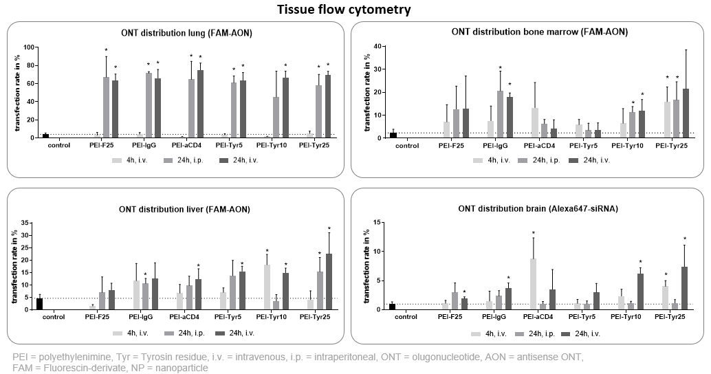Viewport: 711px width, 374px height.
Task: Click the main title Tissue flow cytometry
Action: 354,9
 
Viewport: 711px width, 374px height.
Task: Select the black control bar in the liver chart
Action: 40,303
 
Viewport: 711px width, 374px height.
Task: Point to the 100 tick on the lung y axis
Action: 29,47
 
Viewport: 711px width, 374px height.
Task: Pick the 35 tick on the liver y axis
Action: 28,223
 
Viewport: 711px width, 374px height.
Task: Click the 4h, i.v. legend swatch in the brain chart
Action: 476,333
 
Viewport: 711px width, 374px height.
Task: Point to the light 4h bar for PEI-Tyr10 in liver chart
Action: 267,287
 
